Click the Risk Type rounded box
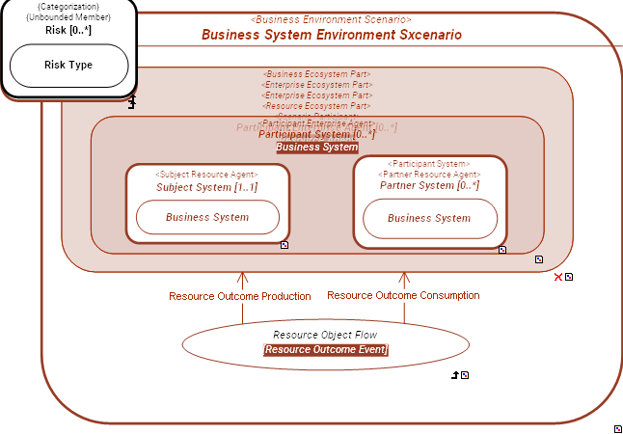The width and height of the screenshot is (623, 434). pos(68,66)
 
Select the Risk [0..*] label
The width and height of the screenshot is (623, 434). pos(68,30)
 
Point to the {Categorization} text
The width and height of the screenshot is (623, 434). pos(68,7)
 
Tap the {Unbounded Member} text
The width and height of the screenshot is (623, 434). pos(68,17)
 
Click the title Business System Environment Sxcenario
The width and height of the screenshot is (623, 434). pos(331,35)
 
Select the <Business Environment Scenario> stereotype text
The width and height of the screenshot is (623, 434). pos(331,19)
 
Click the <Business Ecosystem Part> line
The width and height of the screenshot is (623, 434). pos(317,74)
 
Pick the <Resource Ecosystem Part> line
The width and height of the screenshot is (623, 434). pos(317,106)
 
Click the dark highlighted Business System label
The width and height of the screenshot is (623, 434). pos(317,148)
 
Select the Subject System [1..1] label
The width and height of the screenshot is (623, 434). pos(206,187)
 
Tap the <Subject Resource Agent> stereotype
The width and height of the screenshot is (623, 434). pos(206,175)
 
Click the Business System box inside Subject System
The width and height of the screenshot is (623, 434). pos(206,217)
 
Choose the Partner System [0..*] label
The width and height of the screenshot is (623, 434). pos(429,185)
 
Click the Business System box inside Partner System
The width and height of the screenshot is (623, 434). pos(429,218)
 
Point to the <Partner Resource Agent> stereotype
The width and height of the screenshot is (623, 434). pos(429,175)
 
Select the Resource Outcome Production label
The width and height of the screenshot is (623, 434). pos(240,296)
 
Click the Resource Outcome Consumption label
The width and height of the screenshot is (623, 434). pos(403,295)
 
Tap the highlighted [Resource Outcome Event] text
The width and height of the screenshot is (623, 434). pos(325,349)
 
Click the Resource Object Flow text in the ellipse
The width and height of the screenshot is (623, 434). pos(325,335)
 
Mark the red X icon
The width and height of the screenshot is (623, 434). pos(557,278)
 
